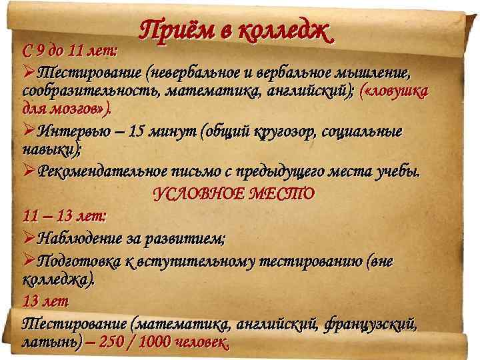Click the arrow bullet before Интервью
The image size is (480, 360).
[x=29, y=131]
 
